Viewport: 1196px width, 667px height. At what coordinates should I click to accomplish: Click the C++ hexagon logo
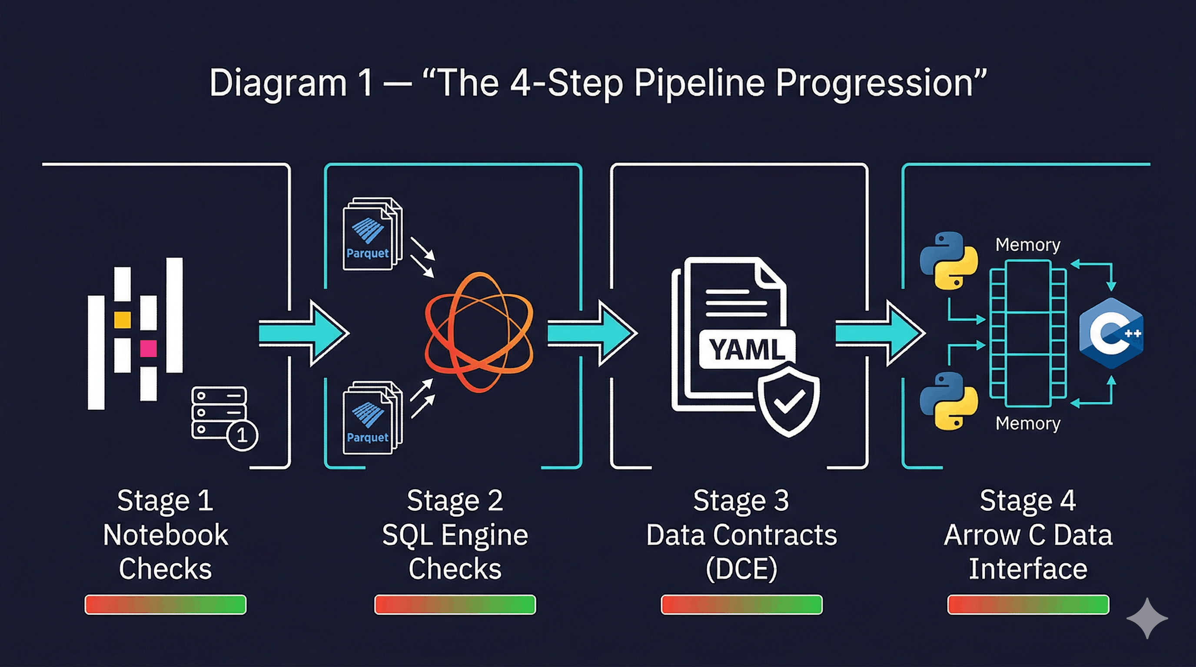pyautogui.click(x=1110, y=333)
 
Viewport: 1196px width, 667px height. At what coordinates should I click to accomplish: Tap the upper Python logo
pyautogui.click(x=949, y=260)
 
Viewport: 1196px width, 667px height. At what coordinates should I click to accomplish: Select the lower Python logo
pyautogui.click(x=949, y=401)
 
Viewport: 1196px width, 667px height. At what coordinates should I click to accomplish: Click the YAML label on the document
pyautogui.click(x=747, y=349)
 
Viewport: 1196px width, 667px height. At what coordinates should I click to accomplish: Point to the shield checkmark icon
pyautogui.click(x=788, y=401)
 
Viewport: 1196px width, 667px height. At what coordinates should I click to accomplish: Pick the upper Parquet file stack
pyautogui.click(x=372, y=234)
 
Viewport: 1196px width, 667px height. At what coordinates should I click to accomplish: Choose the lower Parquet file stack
pyautogui.click(x=372, y=417)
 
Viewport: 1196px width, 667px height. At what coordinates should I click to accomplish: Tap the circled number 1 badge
pyautogui.click(x=242, y=435)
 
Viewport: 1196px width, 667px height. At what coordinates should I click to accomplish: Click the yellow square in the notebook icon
pyautogui.click(x=123, y=320)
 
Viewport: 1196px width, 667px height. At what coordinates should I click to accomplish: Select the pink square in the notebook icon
pyautogui.click(x=149, y=348)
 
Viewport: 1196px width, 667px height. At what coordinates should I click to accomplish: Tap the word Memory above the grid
pyautogui.click(x=1027, y=244)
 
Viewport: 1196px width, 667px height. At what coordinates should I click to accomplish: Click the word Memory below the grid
pyautogui.click(x=1027, y=423)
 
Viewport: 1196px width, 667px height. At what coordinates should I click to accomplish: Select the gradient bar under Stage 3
pyautogui.click(x=741, y=604)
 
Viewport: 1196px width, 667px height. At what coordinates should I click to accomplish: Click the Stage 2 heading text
pyautogui.click(x=455, y=501)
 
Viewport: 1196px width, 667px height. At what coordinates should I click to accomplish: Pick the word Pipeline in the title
pyautogui.click(x=699, y=83)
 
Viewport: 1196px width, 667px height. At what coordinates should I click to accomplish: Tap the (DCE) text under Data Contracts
pyautogui.click(x=741, y=569)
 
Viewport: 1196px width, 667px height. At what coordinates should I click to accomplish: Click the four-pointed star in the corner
pyautogui.click(x=1147, y=618)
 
